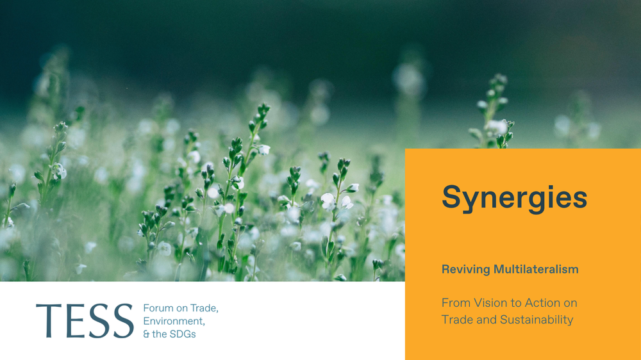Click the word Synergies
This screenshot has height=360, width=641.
click(514, 198)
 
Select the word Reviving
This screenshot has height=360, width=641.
click(465, 269)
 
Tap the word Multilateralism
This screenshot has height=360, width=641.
click(536, 269)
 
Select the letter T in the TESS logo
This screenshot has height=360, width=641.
click(49, 321)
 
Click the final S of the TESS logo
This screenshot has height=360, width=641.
click(123, 321)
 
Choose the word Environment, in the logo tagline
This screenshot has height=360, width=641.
click(174, 321)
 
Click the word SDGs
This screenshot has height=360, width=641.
click(183, 334)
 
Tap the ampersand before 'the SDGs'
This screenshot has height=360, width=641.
click(146, 334)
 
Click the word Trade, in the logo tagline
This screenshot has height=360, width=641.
click(204, 308)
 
